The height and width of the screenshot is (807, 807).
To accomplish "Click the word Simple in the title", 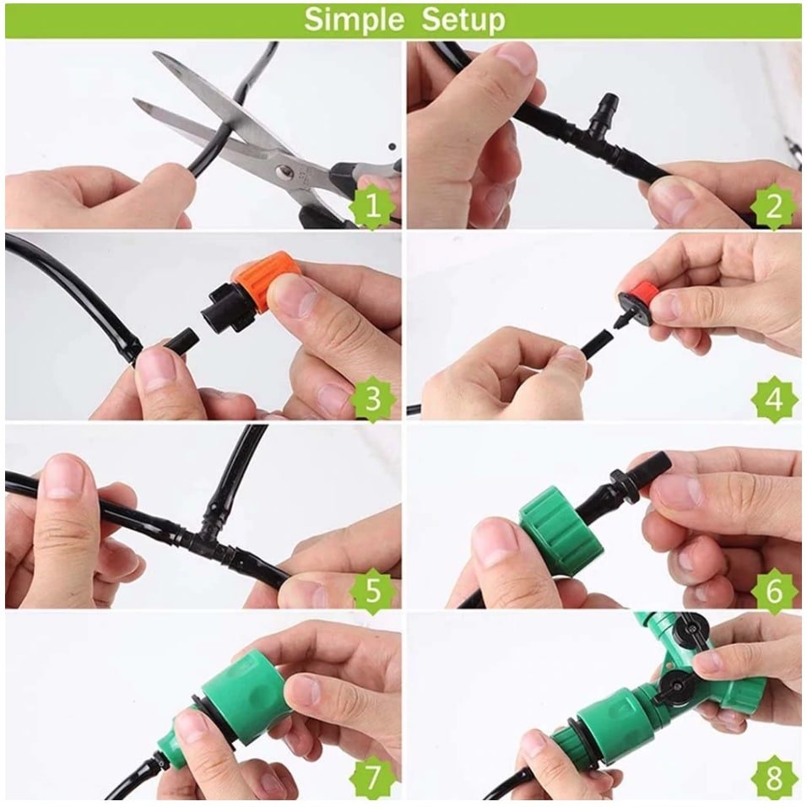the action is click(x=354, y=19).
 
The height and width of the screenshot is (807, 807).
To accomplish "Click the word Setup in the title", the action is click(x=463, y=19).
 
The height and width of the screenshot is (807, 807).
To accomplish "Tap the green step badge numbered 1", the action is click(x=372, y=206).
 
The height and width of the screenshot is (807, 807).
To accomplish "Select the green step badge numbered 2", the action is click(x=773, y=206).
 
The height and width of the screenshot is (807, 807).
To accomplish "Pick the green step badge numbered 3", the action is click(x=372, y=398).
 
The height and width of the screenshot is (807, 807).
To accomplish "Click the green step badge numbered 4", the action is click(x=773, y=398).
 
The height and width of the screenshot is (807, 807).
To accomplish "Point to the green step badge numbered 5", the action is click(x=372, y=590).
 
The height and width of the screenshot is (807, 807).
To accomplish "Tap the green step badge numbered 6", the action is click(x=773, y=590).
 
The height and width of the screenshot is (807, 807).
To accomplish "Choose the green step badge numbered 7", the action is click(x=372, y=776).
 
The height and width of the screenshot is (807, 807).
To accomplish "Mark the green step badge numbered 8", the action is click(x=773, y=776).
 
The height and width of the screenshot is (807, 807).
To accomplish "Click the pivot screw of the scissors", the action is click(x=282, y=170).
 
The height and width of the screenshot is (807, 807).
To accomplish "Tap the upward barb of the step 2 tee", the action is click(x=608, y=107).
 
